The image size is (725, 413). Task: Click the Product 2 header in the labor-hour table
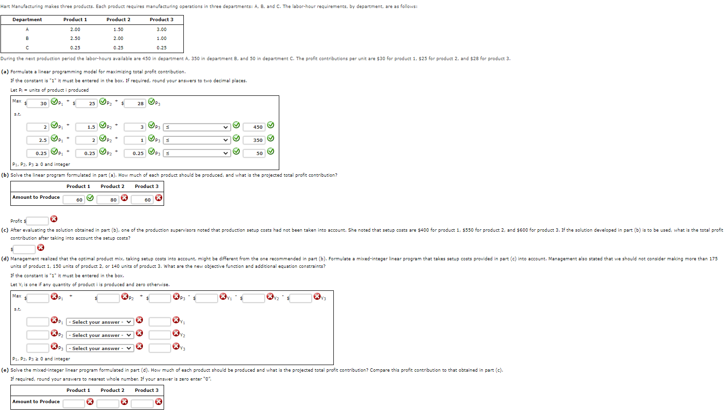pos(118,20)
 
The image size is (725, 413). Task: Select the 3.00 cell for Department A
pos(161,30)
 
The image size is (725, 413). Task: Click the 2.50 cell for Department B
pos(75,39)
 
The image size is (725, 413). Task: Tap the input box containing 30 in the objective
pos(38,103)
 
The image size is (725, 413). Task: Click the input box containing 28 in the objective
pos(135,103)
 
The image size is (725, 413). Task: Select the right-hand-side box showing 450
pos(254,127)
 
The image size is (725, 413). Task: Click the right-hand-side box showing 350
pos(254,140)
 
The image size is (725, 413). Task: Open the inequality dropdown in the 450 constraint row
pos(197,127)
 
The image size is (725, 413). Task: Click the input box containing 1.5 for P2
pos(87,127)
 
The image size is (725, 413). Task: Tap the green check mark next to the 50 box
pos(270,152)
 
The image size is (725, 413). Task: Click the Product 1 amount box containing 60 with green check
pos(74,200)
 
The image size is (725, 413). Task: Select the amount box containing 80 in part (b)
pos(108,200)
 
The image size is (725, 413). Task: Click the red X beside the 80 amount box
pos(125,198)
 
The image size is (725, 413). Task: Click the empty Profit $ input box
pos(38,221)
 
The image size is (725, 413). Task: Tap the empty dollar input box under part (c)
pos(24,249)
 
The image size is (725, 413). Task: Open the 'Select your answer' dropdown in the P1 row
pos(100,322)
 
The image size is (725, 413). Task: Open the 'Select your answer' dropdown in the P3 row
pos(100,348)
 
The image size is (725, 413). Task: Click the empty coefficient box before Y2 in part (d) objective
pos(254,298)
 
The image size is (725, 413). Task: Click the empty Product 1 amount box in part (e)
pos(74,403)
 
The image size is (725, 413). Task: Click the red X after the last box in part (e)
pos(159,402)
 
